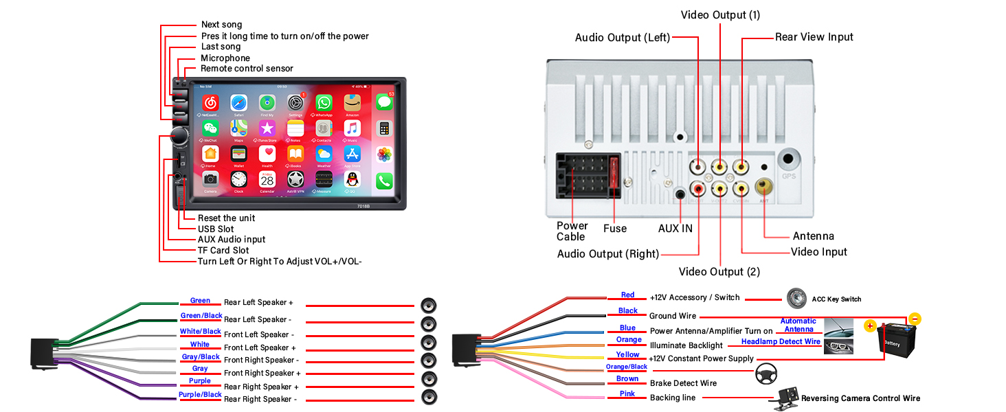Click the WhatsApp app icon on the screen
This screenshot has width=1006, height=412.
click(324, 103)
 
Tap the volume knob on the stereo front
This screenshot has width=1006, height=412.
click(181, 135)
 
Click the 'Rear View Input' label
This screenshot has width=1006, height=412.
click(814, 37)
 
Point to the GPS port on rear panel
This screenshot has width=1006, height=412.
click(789, 161)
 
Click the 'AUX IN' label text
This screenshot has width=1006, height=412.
click(675, 228)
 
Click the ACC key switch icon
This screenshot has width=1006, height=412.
click(796, 298)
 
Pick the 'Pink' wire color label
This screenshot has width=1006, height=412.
click(627, 393)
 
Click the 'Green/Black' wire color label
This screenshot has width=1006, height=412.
click(201, 316)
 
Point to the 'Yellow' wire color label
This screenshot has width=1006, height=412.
click(627, 355)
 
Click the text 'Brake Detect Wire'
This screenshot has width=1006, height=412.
click(683, 383)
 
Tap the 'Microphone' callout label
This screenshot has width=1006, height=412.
click(225, 58)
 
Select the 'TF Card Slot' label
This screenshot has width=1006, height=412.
click(223, 251)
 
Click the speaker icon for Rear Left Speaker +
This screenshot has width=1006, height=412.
click(429, 306)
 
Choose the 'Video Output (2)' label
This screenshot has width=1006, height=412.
click(719, 272)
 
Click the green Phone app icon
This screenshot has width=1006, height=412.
click(383, 181)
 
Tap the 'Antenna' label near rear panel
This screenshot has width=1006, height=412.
click(813, 236)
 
